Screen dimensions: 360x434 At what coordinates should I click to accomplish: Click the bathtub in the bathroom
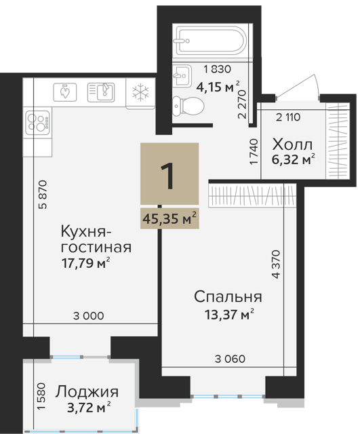coord(209,41)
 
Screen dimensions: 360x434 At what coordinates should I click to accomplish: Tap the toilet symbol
coord(188,106)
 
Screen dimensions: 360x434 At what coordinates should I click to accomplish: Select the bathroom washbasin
coord(182,75)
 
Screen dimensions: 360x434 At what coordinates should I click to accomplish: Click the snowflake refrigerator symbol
coord(140,92)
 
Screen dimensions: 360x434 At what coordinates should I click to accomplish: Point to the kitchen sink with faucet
coord(101,92)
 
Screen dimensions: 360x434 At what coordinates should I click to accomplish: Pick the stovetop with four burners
coord(38,123)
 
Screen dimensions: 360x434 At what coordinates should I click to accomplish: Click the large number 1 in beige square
coord(169,176)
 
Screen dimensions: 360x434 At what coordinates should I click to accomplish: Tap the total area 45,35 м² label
coord(169,218)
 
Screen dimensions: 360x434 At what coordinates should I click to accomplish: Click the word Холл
coord(292,144)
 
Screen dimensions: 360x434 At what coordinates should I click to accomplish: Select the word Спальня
coord(228,297)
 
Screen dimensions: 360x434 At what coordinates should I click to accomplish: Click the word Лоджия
coord(87,392)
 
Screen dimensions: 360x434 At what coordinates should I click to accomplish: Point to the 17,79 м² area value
coord(86,263)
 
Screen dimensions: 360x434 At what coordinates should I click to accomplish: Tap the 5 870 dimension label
coord(43,195)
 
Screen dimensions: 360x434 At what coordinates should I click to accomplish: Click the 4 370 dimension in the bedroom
coord(276,264)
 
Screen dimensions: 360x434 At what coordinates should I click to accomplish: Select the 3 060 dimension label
coord(230,359)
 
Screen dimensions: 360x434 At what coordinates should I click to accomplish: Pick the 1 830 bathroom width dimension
coord(217,69)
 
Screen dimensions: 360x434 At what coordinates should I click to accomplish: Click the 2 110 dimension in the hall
coord(288,117)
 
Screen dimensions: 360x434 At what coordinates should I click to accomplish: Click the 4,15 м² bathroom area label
coord(218,87)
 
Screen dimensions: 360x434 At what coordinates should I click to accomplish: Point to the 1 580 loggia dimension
coord(41,396)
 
